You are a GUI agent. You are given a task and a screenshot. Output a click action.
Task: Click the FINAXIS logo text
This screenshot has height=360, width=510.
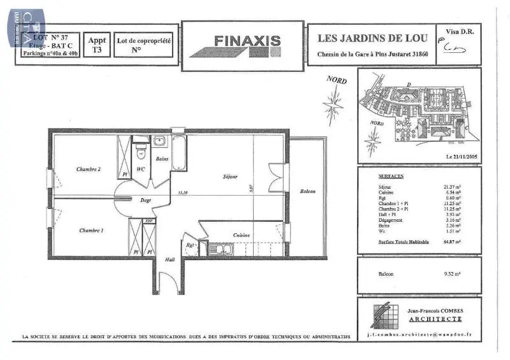tap(247, 41)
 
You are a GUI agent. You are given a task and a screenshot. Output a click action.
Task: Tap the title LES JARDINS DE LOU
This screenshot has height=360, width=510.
tap(371, 38)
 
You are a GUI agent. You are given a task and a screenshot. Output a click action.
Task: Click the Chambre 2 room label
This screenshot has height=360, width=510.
tap(88, 169)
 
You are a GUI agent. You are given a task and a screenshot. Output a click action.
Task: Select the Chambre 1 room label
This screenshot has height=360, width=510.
tap(91, 229)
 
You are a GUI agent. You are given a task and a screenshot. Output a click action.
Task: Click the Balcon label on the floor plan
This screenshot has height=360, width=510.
tap(308, 192)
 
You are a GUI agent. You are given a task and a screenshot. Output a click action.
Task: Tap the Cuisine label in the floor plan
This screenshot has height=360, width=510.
tap(241, 234)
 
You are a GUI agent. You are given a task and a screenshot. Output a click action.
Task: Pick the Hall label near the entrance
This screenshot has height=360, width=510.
tap(170, 259)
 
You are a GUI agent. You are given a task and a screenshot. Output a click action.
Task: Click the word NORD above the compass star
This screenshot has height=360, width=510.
tap(336, 80)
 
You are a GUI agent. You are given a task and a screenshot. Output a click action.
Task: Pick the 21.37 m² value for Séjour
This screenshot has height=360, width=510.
tap(452, 185)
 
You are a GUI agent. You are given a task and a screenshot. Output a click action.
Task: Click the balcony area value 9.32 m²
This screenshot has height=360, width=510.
tap(452, 273)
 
